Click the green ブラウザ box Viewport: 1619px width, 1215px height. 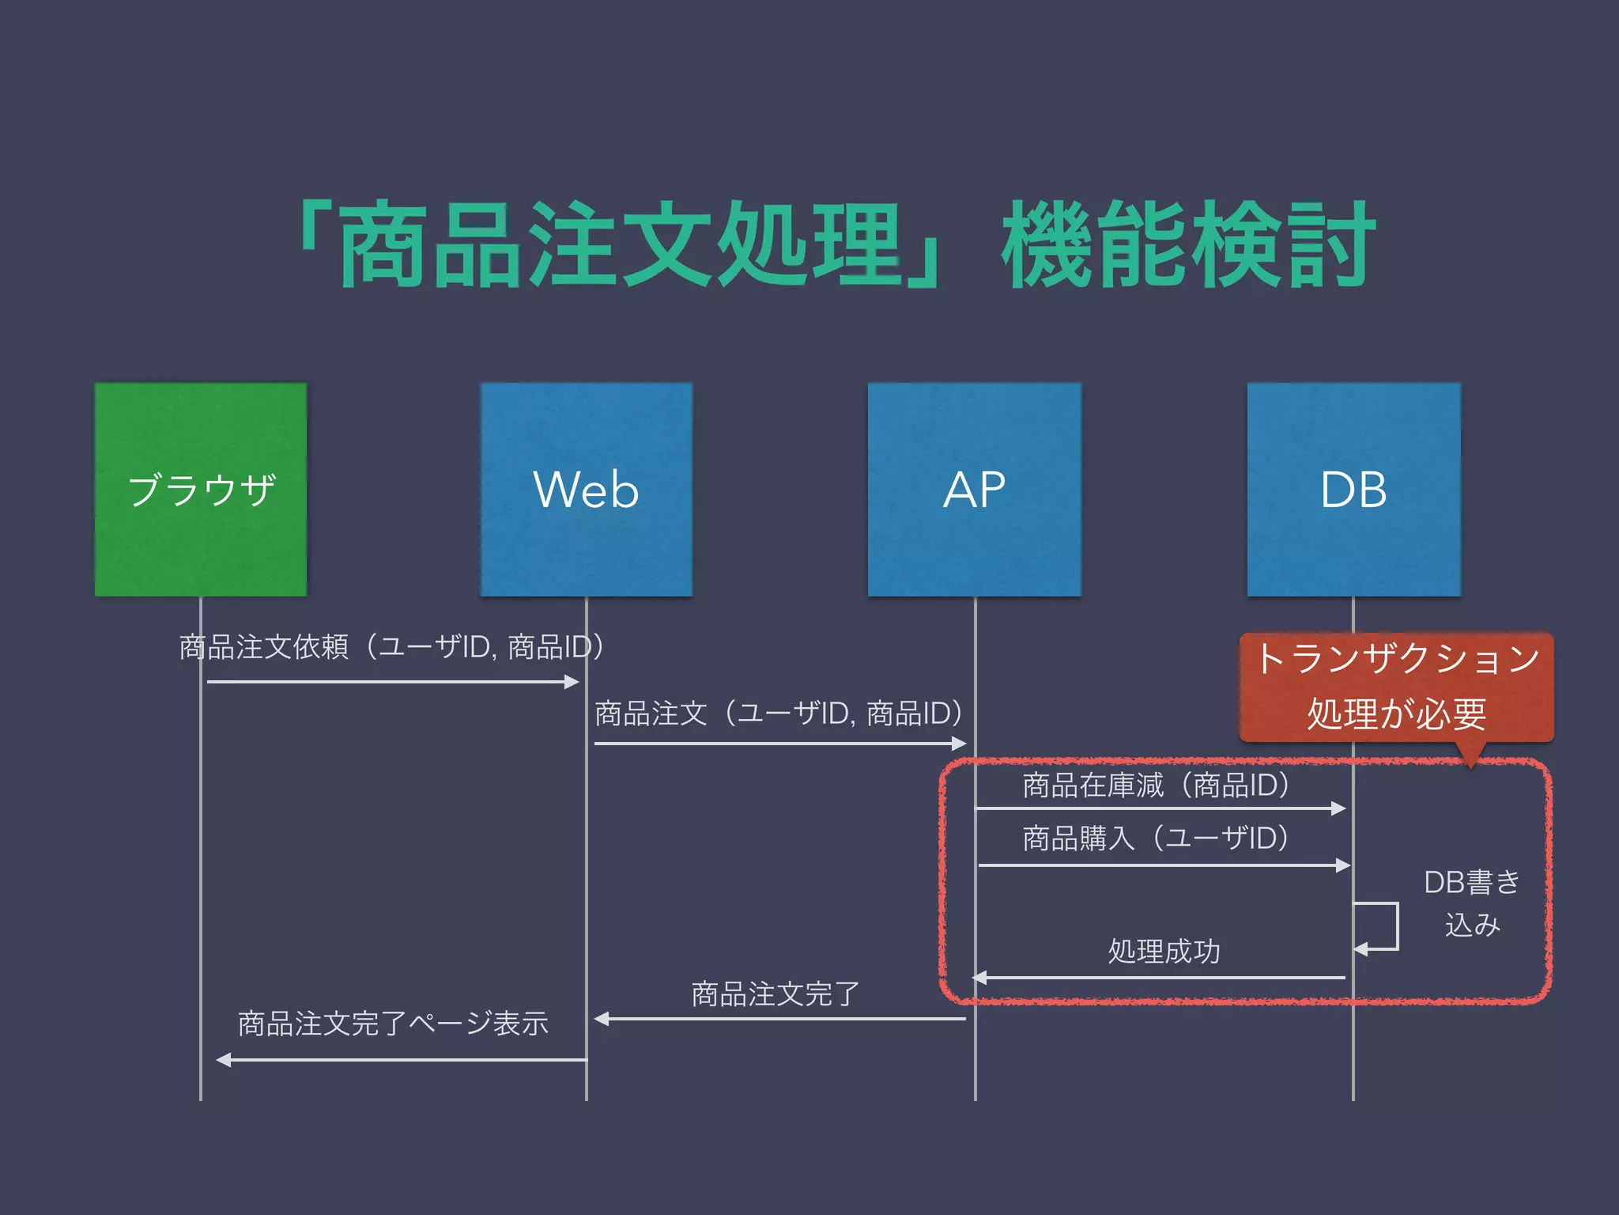201,489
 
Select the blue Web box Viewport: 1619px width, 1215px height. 586,489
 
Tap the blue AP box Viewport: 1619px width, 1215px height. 974,489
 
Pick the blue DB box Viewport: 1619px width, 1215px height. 1353,489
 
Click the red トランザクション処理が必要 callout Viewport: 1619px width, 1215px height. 1396,687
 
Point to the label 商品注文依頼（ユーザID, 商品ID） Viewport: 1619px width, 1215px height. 392,647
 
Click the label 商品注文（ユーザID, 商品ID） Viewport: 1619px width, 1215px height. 779,713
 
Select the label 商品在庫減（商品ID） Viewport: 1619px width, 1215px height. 1157,785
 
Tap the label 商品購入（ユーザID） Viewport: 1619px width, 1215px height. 1156,838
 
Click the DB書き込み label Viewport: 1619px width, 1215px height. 1472,903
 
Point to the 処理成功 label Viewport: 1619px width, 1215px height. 1164,951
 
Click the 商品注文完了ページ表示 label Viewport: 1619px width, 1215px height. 393,1024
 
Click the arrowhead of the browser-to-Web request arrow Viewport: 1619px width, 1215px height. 572,682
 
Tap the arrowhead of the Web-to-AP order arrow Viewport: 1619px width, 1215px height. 959,744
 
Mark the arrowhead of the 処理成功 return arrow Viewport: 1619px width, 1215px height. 979,978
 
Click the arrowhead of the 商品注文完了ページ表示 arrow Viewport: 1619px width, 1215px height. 224,1060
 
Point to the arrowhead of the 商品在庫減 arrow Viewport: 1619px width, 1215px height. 1338,808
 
